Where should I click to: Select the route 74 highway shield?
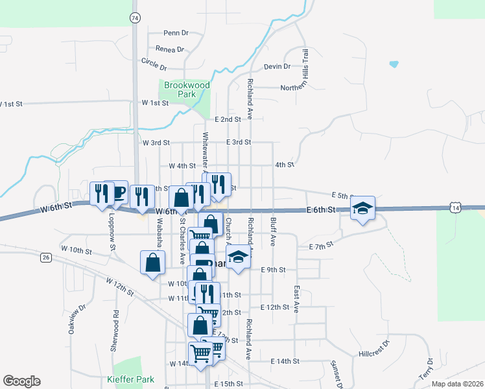pyautogui.click(x=134, y=18)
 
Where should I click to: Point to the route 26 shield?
pyautogui.click(x=45, y=257)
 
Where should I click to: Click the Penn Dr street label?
pyautogui.click(x=176, y=33)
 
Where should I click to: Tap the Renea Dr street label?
pyautogui.click(x=170, y=49)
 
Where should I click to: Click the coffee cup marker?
pyautogui.click(x=116, y=192)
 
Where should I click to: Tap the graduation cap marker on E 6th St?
pyautogui.click(x=363, y=209)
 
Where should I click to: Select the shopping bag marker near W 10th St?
pyautogui.click(x=152, y=263)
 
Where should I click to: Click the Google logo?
pyautogui.click(x=21, y=381)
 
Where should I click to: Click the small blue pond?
pyautogui.click(x=394, y=64)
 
